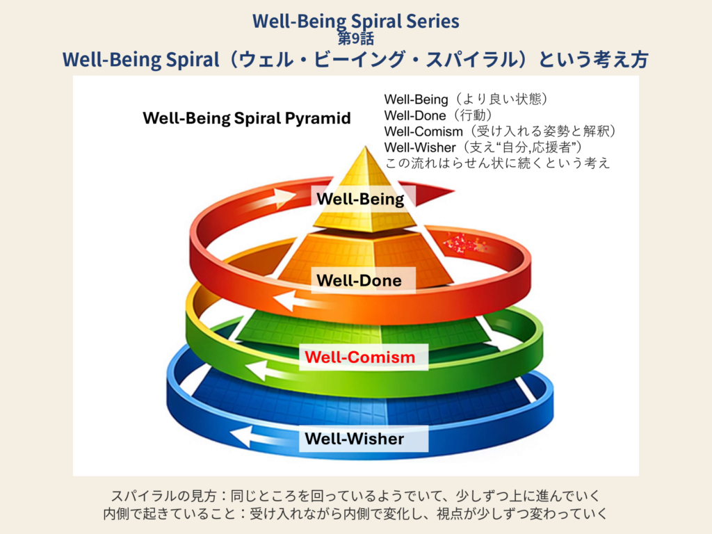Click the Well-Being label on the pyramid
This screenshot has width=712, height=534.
[x=360, y=200]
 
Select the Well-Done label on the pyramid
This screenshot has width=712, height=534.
[x=359, y=281]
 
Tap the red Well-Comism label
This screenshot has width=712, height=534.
[x=360, y=357]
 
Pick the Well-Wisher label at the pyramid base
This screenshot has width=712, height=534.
[x=355, y=439]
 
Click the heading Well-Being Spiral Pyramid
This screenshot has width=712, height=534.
[x=247, y=118]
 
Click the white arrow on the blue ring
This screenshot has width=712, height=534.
[x=251, y=436]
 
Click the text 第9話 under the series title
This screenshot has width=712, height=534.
[x=356, y=39]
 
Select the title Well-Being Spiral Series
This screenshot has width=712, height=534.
[x=356, y=21]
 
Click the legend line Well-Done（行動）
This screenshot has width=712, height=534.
[x=438, y=115]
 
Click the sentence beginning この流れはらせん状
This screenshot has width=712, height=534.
[x=497, y=163]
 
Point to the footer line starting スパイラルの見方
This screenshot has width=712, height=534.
[x=355, y=496]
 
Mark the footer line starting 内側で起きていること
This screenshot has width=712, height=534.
[x=355, y=515]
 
